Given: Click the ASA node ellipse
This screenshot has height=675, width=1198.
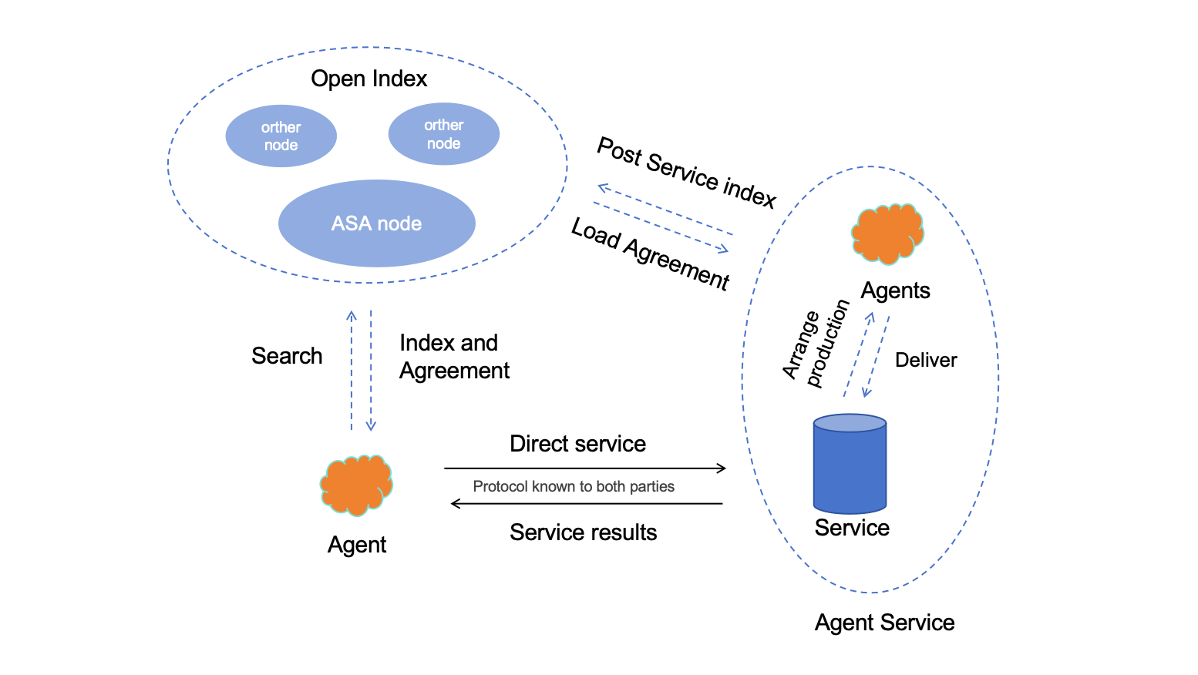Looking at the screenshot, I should (376, 223).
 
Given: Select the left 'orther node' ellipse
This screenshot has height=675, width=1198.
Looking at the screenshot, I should (281, 136).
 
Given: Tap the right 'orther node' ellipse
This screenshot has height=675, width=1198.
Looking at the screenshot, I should (443, 134).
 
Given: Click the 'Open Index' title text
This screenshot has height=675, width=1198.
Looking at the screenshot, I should (368, 79).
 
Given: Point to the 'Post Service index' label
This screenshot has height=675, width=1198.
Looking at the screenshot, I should (686, 172).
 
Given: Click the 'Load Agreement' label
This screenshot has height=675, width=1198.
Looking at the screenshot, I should (650, 254).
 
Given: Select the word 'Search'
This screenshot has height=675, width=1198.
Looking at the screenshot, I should (287, 356).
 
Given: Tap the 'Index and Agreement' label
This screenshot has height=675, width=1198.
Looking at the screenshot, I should (453, 357).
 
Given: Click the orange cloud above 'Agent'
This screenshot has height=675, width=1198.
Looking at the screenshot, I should (356, 485).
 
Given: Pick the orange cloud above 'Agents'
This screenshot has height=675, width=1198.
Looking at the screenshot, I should (887, 233).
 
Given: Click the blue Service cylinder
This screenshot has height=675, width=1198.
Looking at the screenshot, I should (850, 465).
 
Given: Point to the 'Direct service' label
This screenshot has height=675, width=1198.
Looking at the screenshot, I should (577, 444).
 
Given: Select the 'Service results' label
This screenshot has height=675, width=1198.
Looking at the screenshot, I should (583, 532).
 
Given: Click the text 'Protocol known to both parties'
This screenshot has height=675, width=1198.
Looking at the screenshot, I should (573, 486).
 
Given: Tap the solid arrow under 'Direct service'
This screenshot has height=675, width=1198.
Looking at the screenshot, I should (584, 468).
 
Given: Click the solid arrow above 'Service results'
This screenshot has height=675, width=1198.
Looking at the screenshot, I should (586, 504).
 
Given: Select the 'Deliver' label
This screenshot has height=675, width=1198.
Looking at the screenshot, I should (925, 360).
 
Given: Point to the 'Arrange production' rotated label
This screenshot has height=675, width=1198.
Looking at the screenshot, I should (815, 344).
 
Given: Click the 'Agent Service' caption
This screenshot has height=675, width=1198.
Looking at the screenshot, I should (884, 623).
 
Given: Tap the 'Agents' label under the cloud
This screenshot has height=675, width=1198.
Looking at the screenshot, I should (895, 290).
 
